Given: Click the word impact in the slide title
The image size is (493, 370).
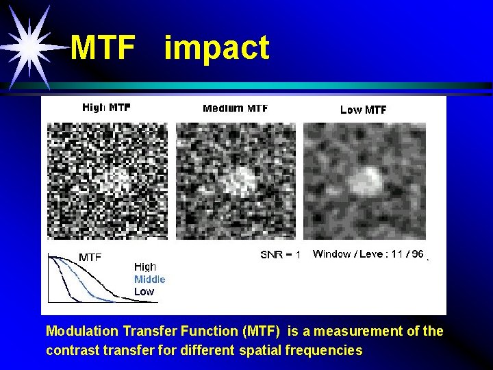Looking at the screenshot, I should click(x=216, y=49).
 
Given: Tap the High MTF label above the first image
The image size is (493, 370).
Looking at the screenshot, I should click(x=106, y=108).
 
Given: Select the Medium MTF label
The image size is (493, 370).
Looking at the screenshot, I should click(x=235, y=108).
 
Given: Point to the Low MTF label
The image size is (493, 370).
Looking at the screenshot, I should click(x=363, y=110).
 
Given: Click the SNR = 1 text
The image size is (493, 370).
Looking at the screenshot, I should click(x=280, y=255).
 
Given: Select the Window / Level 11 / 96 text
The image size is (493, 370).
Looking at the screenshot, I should click(x=368, y=254).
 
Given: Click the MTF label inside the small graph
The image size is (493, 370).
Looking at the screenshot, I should click(x=90, y=258).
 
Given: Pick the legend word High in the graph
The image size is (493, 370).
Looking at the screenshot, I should click(x=145, y=267).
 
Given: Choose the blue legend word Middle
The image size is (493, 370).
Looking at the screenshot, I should click(x=149, y=279).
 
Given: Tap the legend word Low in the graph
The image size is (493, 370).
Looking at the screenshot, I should click(x=144, y=291).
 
